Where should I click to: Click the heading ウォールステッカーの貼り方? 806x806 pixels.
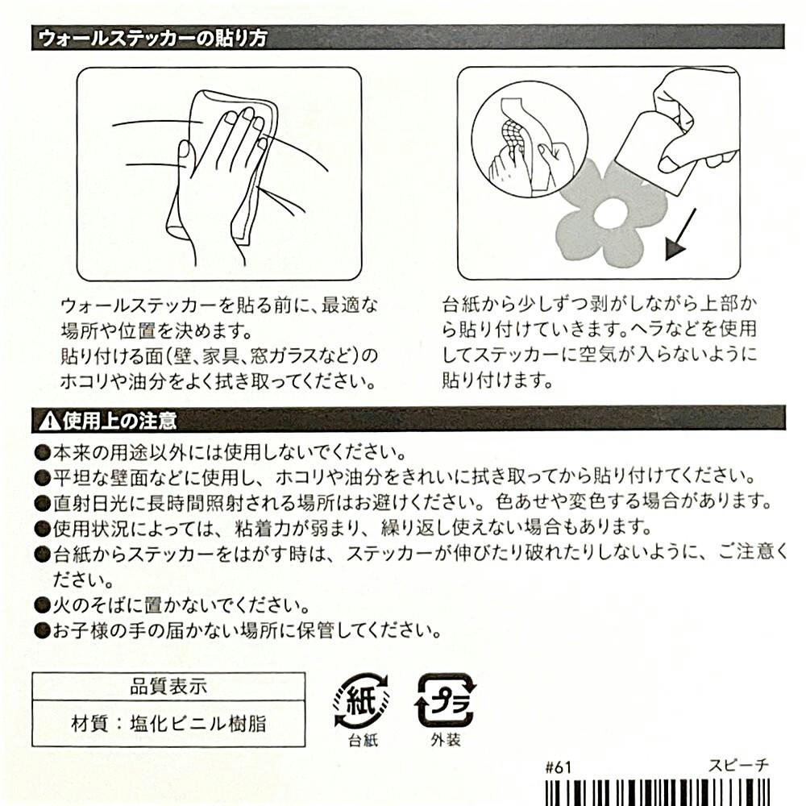(x=152, y=39)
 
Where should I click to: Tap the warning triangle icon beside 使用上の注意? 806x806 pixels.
(x=49, y=421)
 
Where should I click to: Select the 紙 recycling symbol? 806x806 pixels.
(x=361, y=700)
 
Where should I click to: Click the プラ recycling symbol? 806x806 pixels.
(x=445, y=700)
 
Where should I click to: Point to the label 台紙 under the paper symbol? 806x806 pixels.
(x=363, y=740)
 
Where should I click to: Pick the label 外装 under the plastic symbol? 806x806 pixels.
(x=446, y=740)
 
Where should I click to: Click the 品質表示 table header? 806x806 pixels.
(x=168, y=687)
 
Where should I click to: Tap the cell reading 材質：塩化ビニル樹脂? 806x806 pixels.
(x=168, y=724)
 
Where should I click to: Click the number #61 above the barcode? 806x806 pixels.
(x=558, y=767)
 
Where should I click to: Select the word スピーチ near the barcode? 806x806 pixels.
(x=738, y=766)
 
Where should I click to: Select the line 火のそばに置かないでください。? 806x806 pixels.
(x=181, y=605)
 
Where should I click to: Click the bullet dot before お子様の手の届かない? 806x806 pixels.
(x=42, y=630)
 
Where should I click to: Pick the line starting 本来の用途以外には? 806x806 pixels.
(x=230, y=452)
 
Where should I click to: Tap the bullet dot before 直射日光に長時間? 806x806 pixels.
(x=42, y=502)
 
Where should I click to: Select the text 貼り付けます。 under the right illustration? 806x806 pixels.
(x=497, y=380)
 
